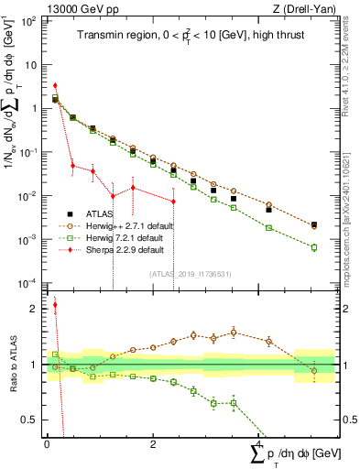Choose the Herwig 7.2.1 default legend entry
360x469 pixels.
[124, 235]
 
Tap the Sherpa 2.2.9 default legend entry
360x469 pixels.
[124, 248]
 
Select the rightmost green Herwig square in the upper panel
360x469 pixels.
[313, 247]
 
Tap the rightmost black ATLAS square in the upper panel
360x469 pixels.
[313, 224]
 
